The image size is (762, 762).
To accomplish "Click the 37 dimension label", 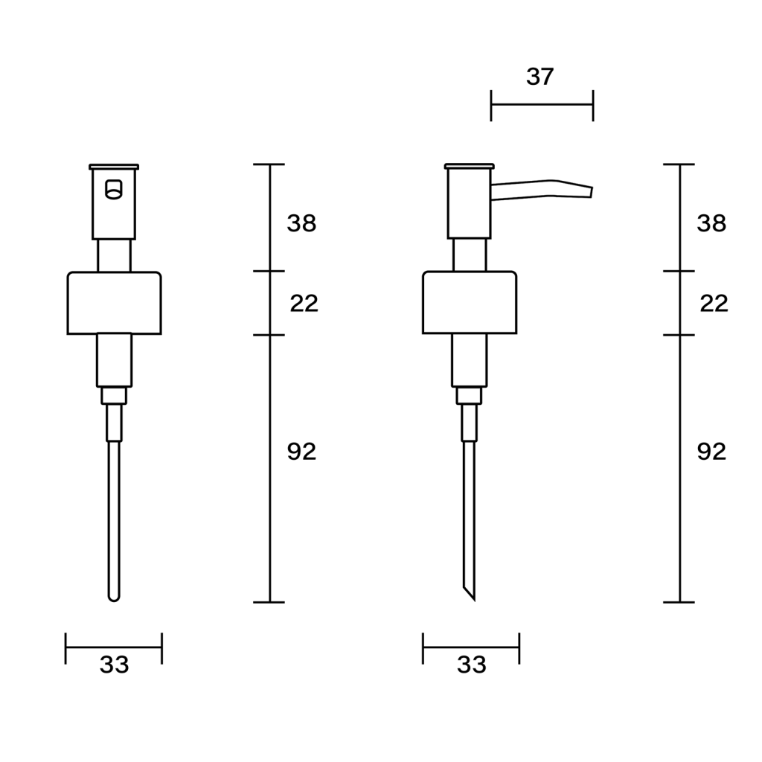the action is coord(540,77).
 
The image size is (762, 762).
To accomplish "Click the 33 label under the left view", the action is coord(114,665).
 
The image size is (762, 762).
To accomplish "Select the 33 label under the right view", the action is coord(471,665).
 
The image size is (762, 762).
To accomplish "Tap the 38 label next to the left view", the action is coord(301,223).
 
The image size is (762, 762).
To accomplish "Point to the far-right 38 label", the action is coord(711,223).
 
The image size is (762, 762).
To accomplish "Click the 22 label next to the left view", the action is coord(304,304).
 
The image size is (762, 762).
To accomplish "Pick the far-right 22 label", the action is coord(714,304).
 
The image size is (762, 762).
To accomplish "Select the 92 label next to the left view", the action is coord(301,452).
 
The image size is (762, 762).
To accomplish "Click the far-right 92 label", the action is coord(711,452).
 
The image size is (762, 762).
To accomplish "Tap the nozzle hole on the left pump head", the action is coord(114,190).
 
